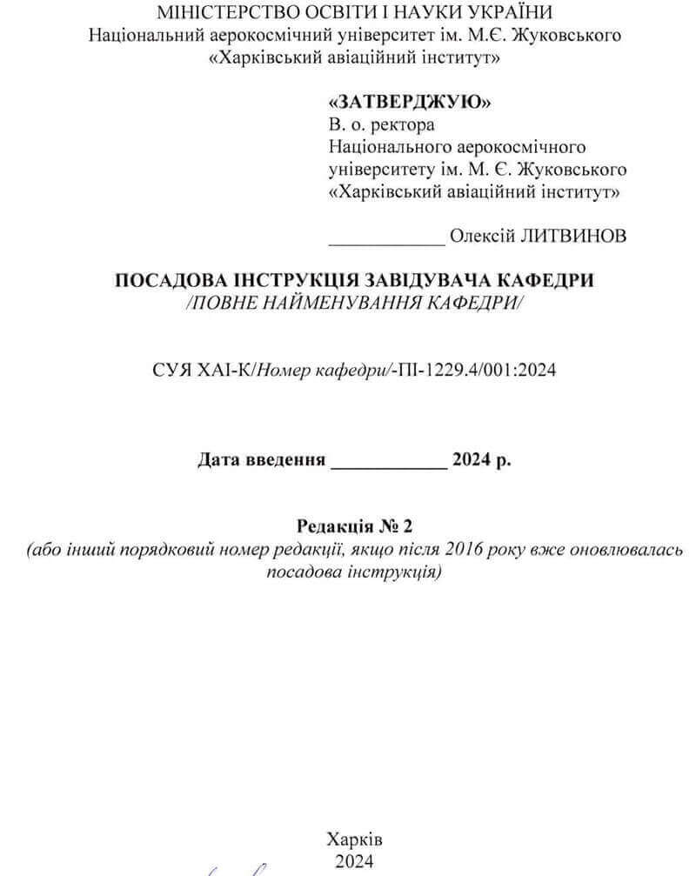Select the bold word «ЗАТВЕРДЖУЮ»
410,102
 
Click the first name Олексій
481,237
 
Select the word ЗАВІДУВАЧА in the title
426,281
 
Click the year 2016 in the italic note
464,550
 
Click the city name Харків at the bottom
354,839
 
